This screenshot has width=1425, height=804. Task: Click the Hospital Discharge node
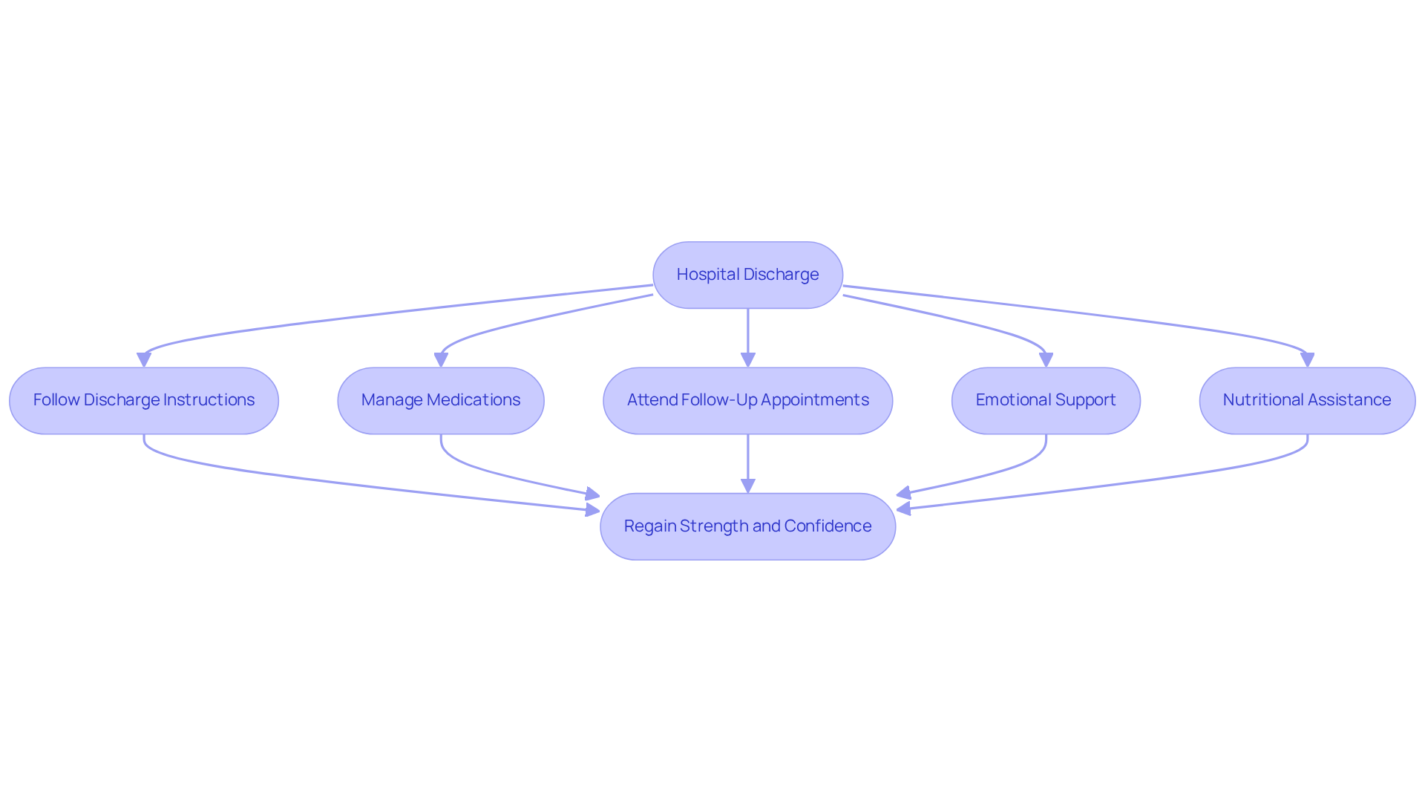747,275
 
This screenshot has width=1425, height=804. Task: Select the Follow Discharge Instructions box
143,401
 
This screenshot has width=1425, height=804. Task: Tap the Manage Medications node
440,401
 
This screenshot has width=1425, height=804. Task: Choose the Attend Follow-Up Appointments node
747,401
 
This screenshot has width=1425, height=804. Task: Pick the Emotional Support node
1045,401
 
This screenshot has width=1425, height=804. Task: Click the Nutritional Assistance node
1306,401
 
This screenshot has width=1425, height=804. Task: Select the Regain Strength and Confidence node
747,526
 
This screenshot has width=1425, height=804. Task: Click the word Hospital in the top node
707,275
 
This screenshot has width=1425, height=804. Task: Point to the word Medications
474,400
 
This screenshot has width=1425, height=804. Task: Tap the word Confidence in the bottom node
828,526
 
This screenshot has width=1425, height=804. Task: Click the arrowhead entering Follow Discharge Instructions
144,360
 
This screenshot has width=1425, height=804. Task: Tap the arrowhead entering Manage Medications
441,360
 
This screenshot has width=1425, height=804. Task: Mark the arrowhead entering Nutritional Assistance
1307,360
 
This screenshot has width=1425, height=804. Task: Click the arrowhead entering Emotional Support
1046,360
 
